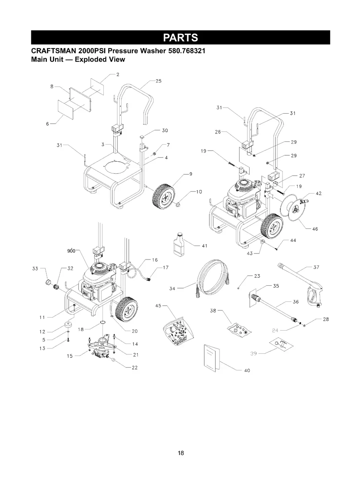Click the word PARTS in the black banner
[180, 37]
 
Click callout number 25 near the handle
[158, 81]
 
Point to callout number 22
[134, 368]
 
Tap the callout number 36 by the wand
[295, 302]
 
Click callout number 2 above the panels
[118, 74]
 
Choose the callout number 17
[166, 267]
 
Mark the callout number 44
[293, 240]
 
